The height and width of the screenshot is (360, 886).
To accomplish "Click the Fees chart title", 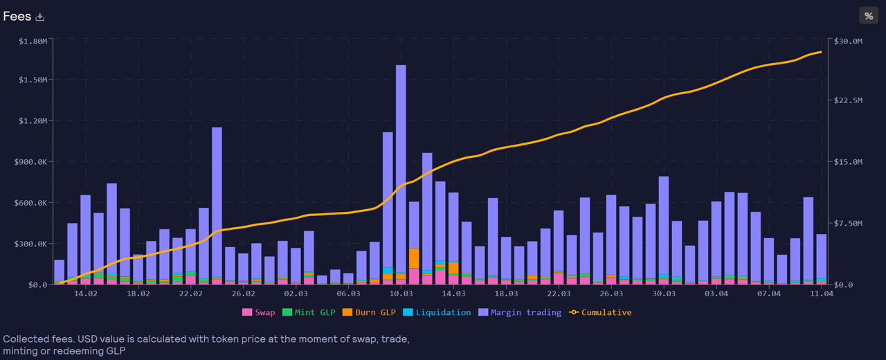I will coord(17,17).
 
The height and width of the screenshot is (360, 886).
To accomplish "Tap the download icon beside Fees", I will coord(40,17).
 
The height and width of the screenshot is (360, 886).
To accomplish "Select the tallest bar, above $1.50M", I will coord(401,173).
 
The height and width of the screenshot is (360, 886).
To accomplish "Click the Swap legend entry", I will coord(258,312).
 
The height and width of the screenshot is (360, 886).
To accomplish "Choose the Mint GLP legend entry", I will coord(309,312).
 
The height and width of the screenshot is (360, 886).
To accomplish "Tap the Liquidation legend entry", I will coord(436,312).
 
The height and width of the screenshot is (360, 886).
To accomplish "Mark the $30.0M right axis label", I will coord(848,42).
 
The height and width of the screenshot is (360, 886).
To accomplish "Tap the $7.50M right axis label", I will coord(848,224).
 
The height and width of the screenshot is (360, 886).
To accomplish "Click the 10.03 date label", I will coord(401,294).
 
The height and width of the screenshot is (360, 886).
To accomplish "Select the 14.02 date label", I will coord(86,294).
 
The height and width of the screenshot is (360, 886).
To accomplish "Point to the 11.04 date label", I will coord(822,294).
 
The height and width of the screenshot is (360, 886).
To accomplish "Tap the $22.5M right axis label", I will coord(848,101).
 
